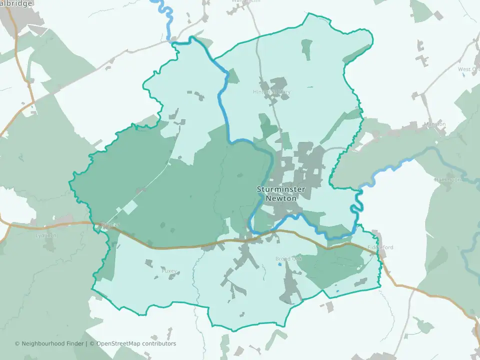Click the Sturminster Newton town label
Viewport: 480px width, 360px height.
tap(276, 193)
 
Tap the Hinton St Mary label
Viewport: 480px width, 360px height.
tap(271, 92)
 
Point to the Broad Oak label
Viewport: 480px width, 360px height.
tap(289, 259)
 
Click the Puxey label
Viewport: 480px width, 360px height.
tap(169, 271)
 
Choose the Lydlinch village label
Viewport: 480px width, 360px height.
tap(46, 235)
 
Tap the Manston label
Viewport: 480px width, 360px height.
tap(434, 124)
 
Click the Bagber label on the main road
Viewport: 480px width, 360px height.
tap(109, 225)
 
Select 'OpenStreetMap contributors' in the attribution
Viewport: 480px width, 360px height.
tap(135, 343)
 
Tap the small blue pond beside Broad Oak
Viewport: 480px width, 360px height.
tap(279, 264)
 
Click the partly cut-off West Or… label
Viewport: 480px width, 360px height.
tap(468, 69)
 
